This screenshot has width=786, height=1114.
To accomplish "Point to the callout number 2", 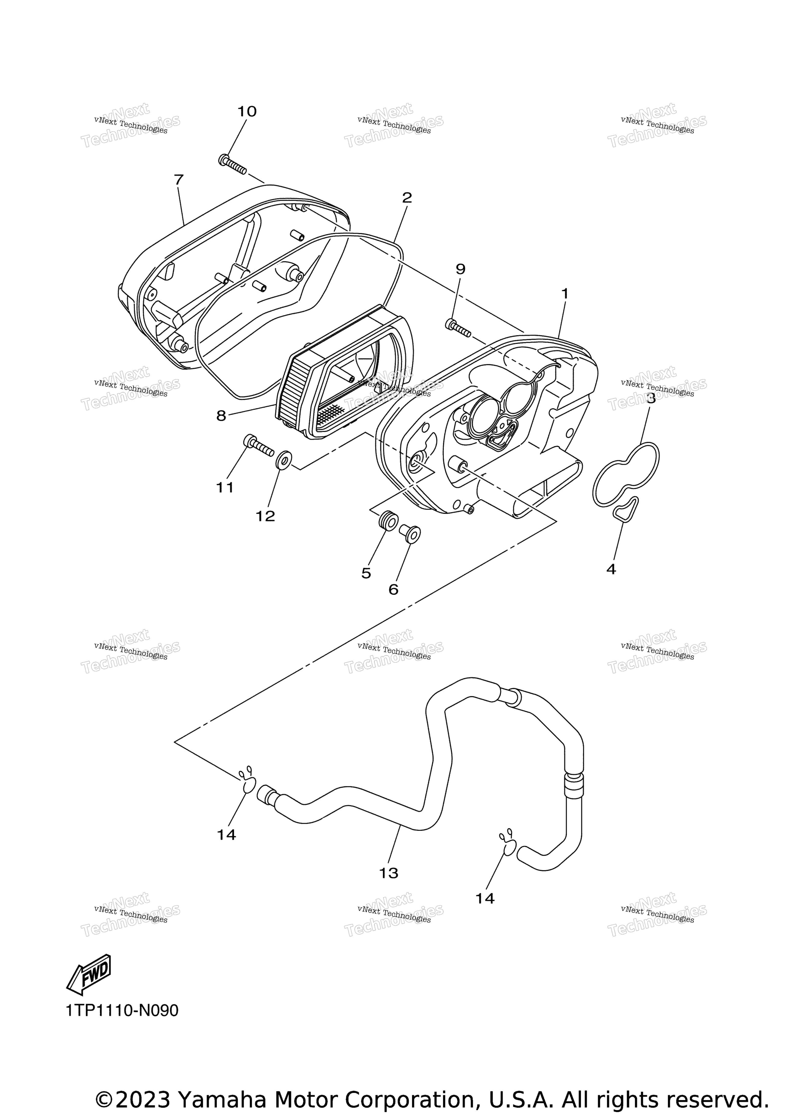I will click(x=407, y=197).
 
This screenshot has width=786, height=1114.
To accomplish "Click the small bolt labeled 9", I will click(x=457, y=327).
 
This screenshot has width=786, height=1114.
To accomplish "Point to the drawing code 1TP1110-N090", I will click(x=122, y=1011).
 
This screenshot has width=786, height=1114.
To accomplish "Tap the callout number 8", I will click(x=221, y=416).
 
